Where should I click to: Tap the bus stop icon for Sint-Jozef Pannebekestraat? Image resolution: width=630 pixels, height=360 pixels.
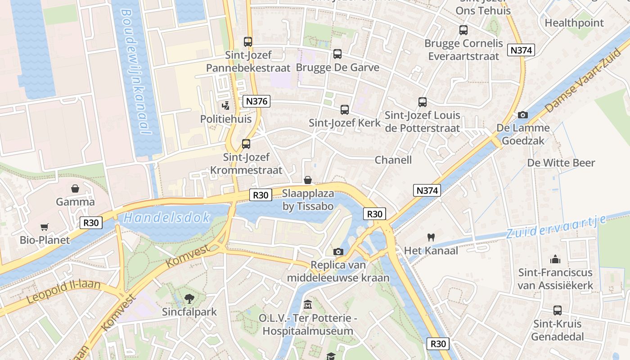coord(248,42)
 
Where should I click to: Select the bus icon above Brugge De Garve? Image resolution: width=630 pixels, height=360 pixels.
coord(337,54)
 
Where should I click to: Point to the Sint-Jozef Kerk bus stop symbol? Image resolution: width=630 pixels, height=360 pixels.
coord(345,109)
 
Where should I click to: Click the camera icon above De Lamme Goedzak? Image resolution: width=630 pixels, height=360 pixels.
coord(523,115)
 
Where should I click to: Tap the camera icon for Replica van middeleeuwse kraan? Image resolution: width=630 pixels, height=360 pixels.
coord(338,252)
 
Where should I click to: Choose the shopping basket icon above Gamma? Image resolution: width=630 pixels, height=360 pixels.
coord(75,189)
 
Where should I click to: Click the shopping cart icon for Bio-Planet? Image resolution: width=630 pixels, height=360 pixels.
coord(44,227)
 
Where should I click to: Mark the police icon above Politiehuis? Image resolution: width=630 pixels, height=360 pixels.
coord(226,106)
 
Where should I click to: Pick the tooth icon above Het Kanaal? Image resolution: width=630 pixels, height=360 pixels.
coord(431,237)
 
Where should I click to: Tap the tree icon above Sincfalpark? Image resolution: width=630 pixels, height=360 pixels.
coord(189,298)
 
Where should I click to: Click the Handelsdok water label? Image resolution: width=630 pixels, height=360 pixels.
coord(167,218)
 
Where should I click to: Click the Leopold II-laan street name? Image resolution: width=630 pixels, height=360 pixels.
coord(63,292)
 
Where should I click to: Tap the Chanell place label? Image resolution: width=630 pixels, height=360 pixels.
coord(393,160)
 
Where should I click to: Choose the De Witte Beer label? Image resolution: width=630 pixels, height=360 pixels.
coord(561,163)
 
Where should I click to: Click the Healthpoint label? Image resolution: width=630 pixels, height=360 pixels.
coord(574,22)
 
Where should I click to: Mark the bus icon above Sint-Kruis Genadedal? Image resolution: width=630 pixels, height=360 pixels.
coord(558,310)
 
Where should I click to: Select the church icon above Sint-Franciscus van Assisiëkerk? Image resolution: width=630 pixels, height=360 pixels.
coord(555,259)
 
